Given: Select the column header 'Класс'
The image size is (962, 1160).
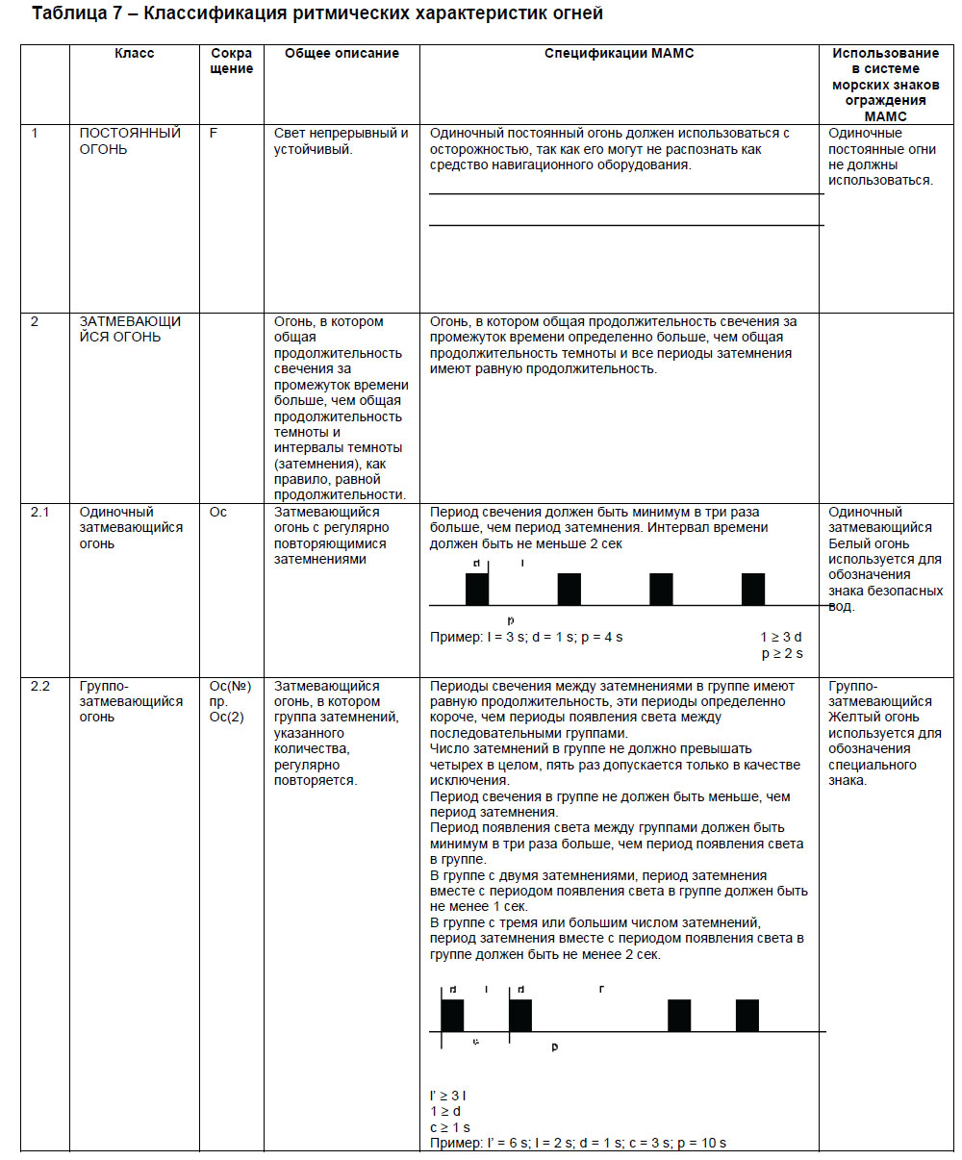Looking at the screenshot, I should click(x=134, y=54).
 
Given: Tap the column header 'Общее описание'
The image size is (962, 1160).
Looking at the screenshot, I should click(x=342, y=54).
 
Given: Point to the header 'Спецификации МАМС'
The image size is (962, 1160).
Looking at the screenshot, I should click(x=619, y=54).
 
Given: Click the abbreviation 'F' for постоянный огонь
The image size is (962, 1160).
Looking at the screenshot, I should click(x=214, y=134).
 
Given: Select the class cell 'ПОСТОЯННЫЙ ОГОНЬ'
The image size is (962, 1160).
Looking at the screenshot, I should click(x=130, y=141).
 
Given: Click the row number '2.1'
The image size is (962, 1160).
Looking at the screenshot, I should click(x=40, y=513).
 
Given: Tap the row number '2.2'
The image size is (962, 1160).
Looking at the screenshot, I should click(x=40, y=687).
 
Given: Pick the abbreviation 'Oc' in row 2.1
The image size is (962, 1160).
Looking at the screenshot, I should click(x=218, y=513).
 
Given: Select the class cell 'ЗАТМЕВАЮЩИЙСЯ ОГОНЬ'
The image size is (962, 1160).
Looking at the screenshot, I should click(x=130, y=329).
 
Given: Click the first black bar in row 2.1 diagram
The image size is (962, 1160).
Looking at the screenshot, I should click(x=477, y=589).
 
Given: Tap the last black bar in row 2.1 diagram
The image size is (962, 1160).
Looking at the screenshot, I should click(x=753, y=589).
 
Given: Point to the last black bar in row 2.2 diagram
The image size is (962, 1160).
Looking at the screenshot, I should click(x=747, y=1016).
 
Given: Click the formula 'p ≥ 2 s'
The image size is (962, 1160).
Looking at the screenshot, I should click(x=781, y=653).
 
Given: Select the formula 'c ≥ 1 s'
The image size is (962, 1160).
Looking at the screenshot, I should click(x=450, y=1127).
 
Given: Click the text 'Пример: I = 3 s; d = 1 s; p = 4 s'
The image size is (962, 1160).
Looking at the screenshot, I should click(x=526, y=638).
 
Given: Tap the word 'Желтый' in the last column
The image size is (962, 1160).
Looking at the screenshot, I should click(x=851, y=718).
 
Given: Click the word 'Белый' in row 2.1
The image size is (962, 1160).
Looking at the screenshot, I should click(x=849, y=543).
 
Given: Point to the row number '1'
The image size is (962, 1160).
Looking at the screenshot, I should click(x=35, y=134).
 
